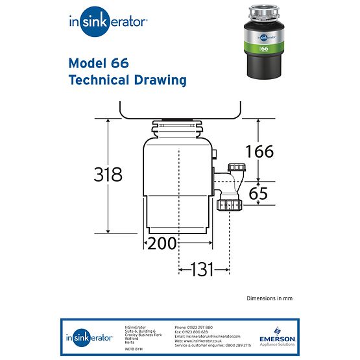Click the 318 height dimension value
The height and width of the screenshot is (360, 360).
click(x=108, y=174)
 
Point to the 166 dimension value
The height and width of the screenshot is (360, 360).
click(x=259, y=152)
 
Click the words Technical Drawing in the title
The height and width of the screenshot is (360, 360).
click(x=127, y=80)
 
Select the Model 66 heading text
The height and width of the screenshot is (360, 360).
click(x=98, y=63)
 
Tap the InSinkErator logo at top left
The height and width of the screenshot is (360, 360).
click(x=108, y=21)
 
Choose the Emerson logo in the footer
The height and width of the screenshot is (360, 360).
click(x=277, y=337)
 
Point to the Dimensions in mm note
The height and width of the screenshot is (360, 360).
click(x=269, y=298)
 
